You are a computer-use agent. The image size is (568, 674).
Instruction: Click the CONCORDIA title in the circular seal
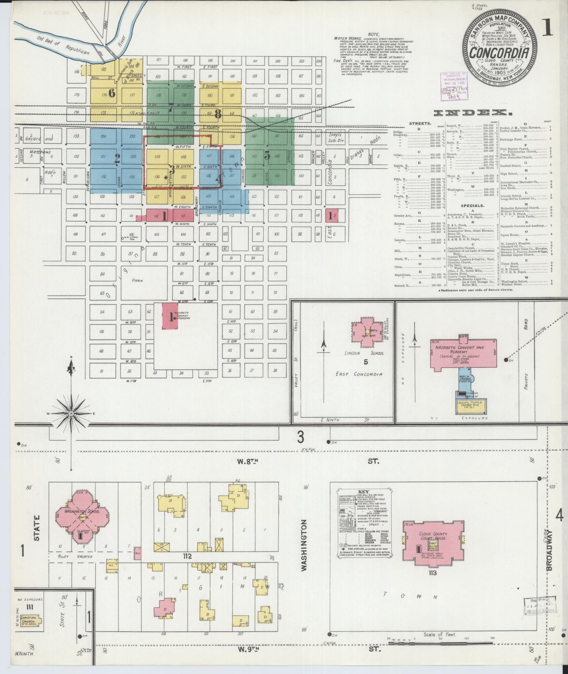(499, 53)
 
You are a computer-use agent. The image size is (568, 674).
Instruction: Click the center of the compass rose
(71, 413)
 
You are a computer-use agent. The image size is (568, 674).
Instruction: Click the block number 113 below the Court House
(432, 573)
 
